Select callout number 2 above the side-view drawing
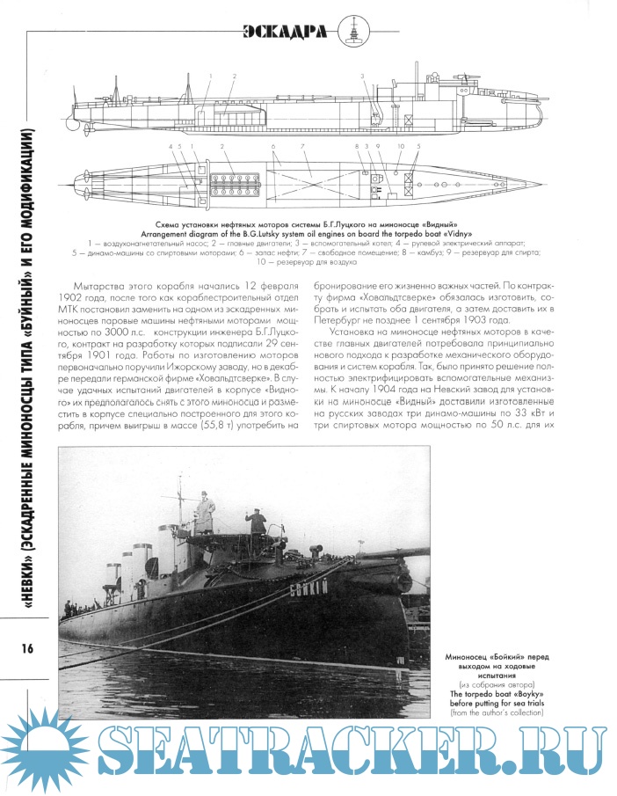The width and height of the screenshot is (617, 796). [235, 77]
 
